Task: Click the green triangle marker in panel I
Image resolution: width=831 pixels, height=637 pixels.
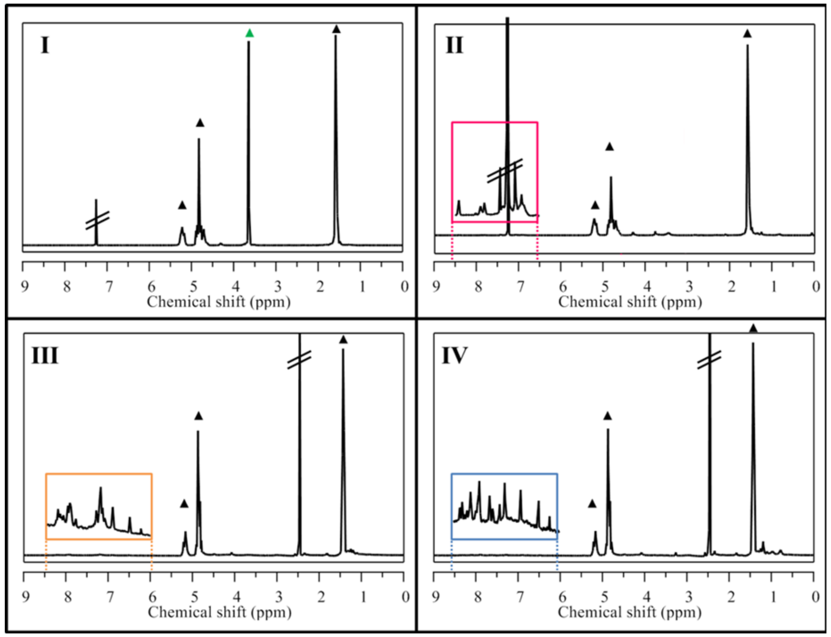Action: tap(249, 33)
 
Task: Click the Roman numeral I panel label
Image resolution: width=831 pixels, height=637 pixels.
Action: tap(45, 46)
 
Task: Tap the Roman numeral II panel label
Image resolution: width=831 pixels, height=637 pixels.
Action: tap(454, 46)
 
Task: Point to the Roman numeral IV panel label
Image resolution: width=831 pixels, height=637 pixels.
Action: tap(454, 356)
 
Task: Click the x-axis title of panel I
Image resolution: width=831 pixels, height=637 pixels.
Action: tap(219, 302)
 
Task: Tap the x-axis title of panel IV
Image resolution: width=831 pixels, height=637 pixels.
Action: tap(629, 612)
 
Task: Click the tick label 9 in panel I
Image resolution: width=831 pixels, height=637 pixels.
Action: tap(25, 287)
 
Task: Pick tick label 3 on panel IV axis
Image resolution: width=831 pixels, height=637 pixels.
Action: tap(689, 597)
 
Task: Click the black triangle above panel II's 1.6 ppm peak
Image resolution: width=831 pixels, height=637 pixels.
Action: tap(747, 34)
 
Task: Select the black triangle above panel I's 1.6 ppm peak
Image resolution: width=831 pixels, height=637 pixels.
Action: tap(336, 30)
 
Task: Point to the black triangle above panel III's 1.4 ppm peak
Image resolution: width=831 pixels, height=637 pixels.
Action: tap(343, 340)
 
